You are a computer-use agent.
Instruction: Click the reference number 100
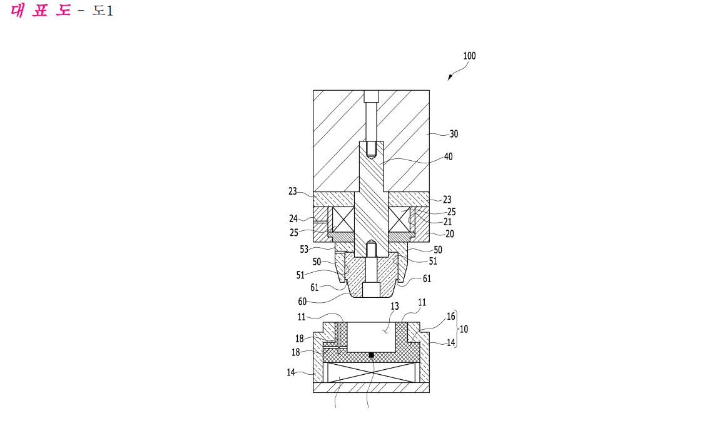[x=469, y=56]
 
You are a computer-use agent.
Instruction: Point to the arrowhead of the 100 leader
[x=450, y=78]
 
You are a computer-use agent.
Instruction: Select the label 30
[x=454, y=134]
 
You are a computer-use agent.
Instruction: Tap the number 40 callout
[x=449, y=156]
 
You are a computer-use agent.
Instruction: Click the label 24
[x=293, y=218]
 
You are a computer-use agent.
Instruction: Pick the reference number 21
[x=447, y=222]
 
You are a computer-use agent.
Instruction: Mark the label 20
[x=450, y=234]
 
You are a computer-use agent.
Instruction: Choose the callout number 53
[x=304, y=250]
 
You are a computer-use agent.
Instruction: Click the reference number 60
[x=302, y=302]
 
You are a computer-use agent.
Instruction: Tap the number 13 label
[x=395, y=306]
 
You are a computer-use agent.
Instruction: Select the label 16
[x=451, y=316]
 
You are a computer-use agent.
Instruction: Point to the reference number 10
[x=464, y=329]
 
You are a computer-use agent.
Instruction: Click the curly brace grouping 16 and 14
[x=457, y=329]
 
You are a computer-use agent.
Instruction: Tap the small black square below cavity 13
[x=371, y=355]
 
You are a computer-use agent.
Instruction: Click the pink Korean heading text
[x=41, y=10]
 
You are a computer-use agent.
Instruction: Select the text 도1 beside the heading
[x=102, y=11]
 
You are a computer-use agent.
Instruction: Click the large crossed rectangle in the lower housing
[x=371, y=372]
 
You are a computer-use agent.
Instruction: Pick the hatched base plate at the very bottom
[x=371, y=387]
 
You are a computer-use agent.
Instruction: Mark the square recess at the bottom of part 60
[x=371, y=290]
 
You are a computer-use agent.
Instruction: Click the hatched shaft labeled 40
[x=371, y=198]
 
